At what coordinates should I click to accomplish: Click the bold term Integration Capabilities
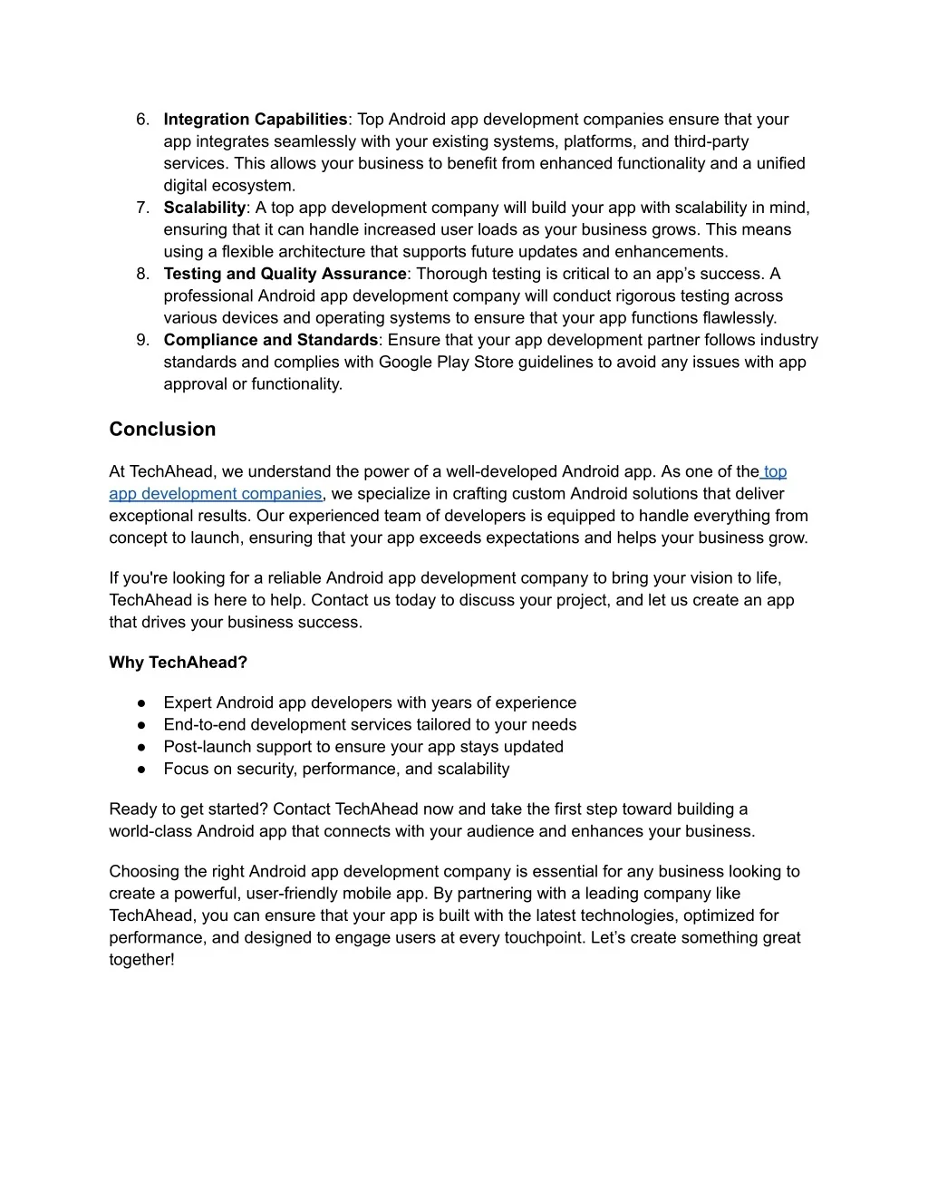tap(256, 120)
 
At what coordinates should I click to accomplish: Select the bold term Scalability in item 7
tap(204, 208)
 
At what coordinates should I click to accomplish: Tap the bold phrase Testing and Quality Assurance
tap(285, 274)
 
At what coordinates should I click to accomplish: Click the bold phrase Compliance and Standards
tap(270, 340)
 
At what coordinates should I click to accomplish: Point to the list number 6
tap(141, 120)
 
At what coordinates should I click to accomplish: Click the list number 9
tap(141, 340)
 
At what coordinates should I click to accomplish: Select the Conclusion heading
tap(162, 430)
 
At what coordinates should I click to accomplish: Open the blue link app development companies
tap(215, 494)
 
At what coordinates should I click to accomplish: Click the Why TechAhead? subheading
tap(178, 663)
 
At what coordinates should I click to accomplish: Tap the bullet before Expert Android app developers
tap(142, 703)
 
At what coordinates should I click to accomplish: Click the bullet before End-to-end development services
tap(142, 725)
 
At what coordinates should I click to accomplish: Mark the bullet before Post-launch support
tap(142, 747)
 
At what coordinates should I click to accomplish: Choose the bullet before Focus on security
tap(142, 770)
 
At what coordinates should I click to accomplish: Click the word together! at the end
tap(141, 960)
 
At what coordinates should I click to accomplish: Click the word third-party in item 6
tap(710, 141)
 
